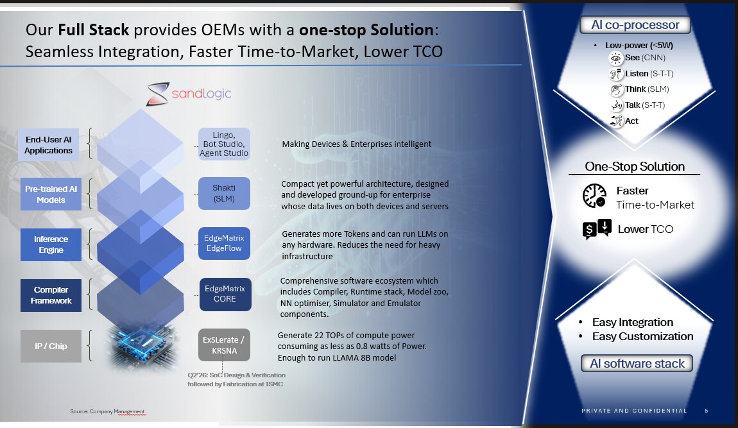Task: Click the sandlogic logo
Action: [x=189, y=94]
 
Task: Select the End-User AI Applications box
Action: [x=49, y=145]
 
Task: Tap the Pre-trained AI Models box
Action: [x=51, y=194]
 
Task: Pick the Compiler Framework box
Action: [x=51, y=295]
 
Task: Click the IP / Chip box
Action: [x=51, y=346]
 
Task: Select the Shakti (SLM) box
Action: [x=224, y=193]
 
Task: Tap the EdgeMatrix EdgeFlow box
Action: [x=224, y=243]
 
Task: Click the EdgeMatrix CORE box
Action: [x=225, y=295]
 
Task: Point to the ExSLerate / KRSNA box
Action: [x=223, y=345]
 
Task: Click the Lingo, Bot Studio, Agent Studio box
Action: [x=224, y=144]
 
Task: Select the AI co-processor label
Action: [x=635, y=24]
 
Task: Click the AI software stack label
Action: [x=637, y=363]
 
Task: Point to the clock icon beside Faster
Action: [x=594, y=196]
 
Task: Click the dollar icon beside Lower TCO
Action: [x=597, y=229]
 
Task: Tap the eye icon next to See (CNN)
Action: [x=615, y=58]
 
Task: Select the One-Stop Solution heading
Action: [x=635, y=167]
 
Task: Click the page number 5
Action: [x=707, y=411]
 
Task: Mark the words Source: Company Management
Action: [x=108, y=411]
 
